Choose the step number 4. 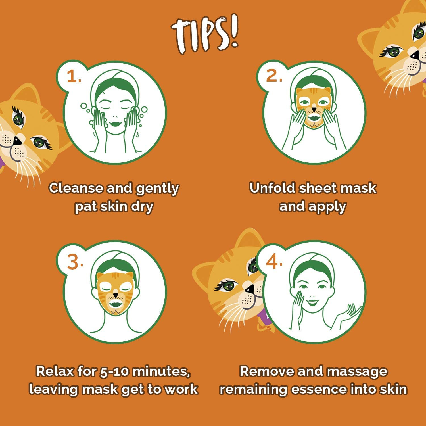pyautogui.click(x=274, y=262)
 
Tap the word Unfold pyautogui.click(x=272, y=188)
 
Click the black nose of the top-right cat pyautogui.click(x=415, y=55)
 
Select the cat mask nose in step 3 pyautogui.click(x=115, y=296)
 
